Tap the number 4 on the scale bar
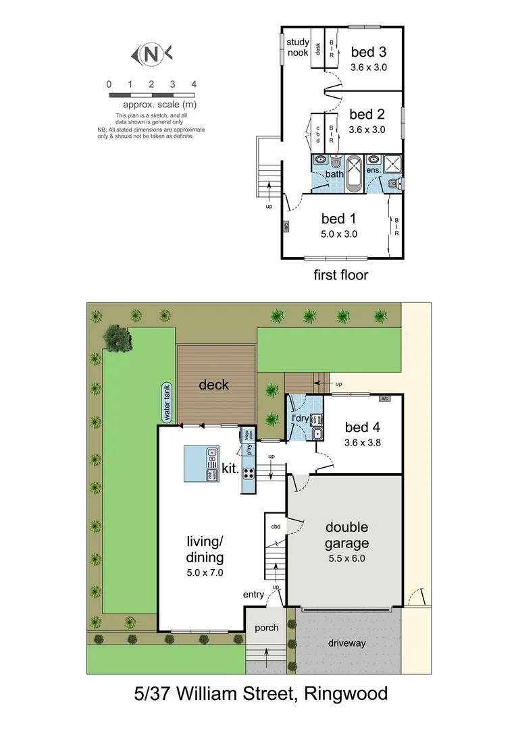[x=194, y=84]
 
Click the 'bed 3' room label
[x=367, y=52]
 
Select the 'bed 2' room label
[x=367, y=114]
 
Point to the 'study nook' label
[x=298, y=47]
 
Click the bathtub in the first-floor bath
[x=354, y=174]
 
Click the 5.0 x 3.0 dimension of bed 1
[x=338, y=234]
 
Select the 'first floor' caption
[x=341, y=275]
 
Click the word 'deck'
[x=213, y=385]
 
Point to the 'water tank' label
[x=166, y=403]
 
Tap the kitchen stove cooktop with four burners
[x=248, y=473]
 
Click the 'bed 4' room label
[x=363, y=427]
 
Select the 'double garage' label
[x=347, y=535]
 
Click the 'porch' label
[x=266, y=628]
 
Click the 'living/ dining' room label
[x=205, y=549]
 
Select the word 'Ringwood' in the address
[x=345, y=694]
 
